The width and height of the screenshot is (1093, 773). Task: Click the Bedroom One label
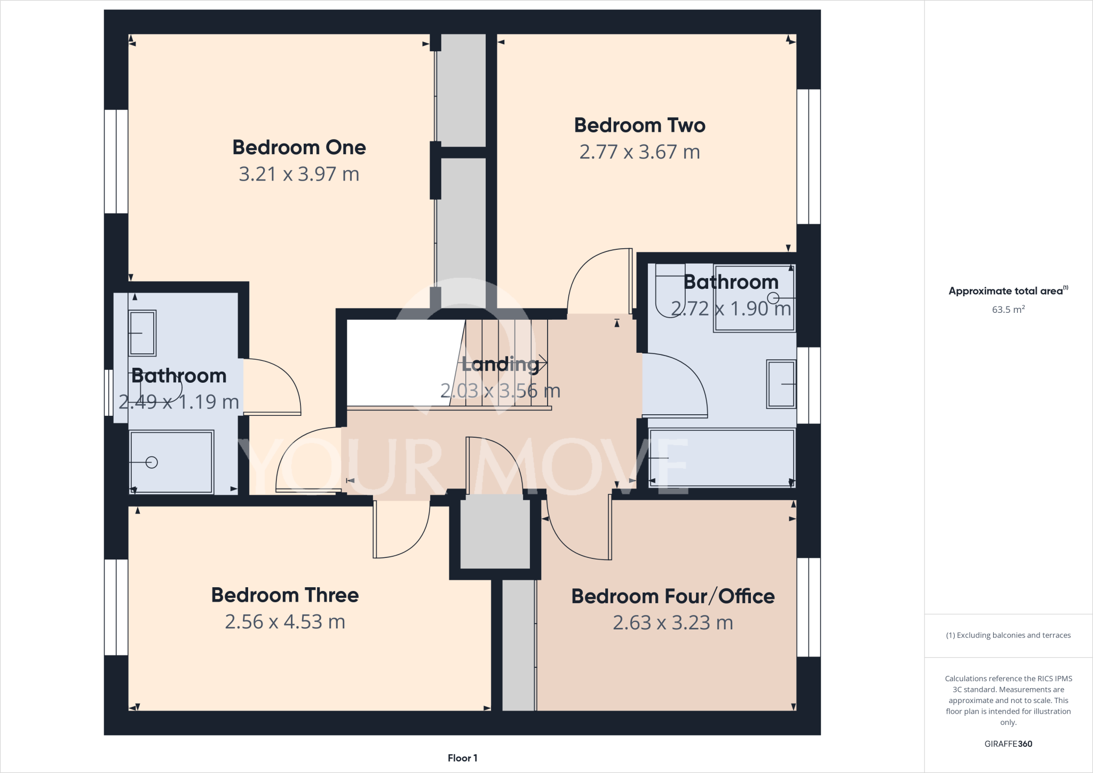click(x=299, y=147)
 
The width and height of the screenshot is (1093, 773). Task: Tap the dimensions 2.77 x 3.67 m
click(x=639, y=152)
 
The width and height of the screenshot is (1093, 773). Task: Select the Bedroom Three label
click(x=284, y=595)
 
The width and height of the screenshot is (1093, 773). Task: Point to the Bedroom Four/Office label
click(x=672, y=596)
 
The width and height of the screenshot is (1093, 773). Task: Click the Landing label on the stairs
click(x=500, y=364)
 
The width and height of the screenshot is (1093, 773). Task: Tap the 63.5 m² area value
click(x=1008, y=310)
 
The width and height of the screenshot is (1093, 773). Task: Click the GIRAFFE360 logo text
click(x=1008, y=744)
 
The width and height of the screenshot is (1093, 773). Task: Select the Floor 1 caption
click(x=462, y=758)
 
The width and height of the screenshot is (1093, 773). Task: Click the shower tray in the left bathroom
click(x=171, y=462)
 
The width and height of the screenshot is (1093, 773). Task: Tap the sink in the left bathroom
click(x=142, y=333)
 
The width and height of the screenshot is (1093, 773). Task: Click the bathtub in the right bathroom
click(x=722, y=458)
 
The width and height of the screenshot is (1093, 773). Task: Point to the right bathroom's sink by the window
click(x=781, y=384)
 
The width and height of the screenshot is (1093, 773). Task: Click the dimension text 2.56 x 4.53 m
click(x=284, y=622)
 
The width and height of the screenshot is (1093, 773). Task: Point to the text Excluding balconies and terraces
click(x=1008, y=635)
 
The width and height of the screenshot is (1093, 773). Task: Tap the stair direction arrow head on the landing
click(x=543, y=362)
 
